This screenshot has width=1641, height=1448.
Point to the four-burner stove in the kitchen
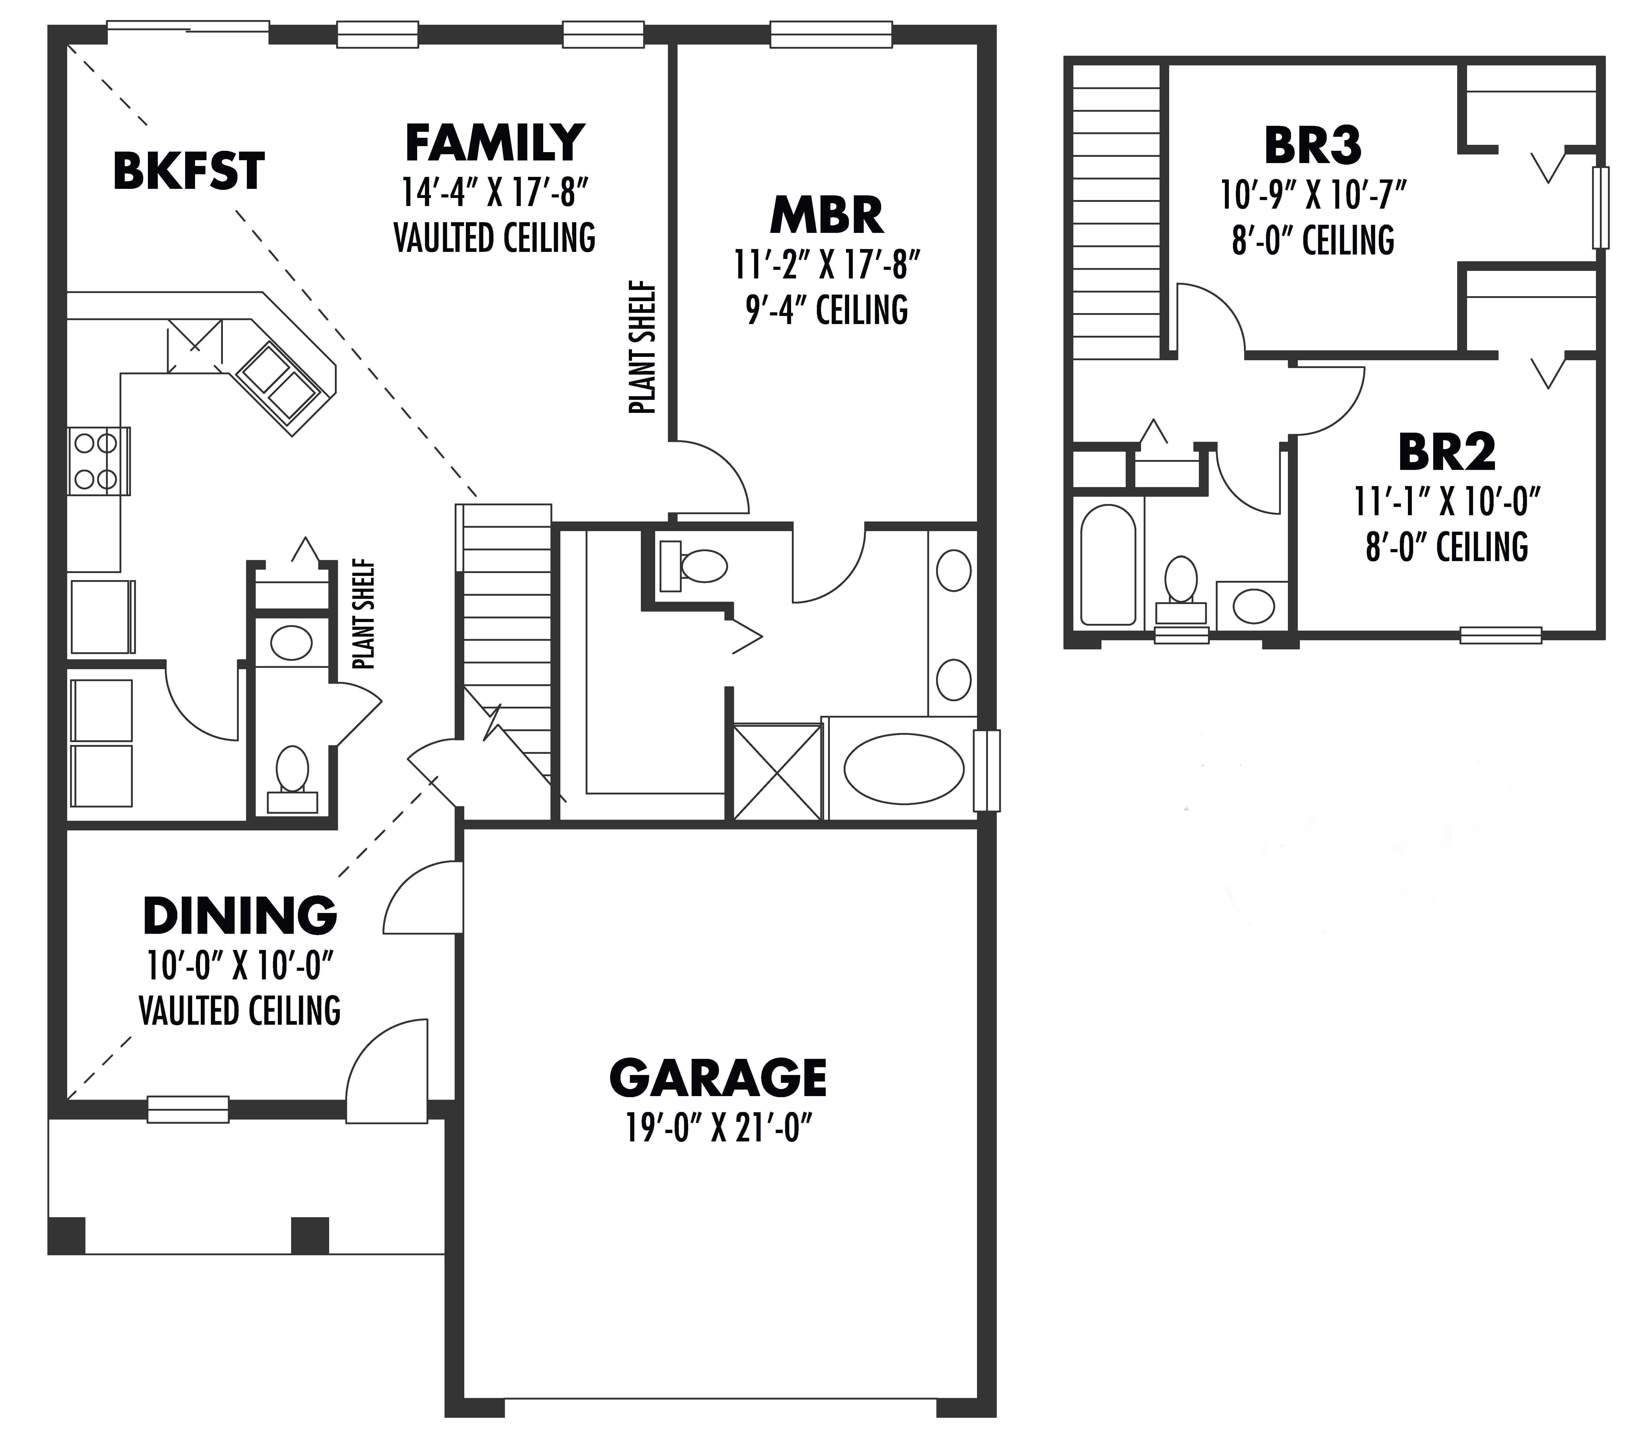click(96, 462)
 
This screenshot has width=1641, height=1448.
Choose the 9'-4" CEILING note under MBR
click(827, 310)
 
